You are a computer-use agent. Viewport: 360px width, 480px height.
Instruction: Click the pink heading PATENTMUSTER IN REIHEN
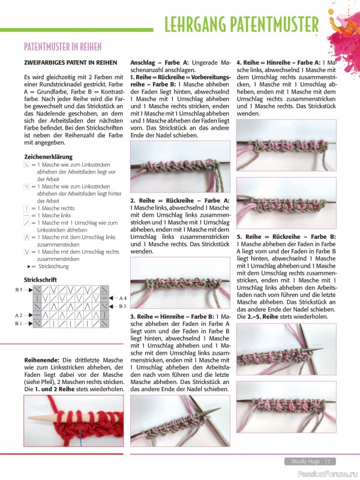tap(62, 47)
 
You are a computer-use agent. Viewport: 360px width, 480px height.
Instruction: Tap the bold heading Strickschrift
tap(41, 280)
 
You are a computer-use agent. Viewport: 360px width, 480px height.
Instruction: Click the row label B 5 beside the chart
tap(19, 290)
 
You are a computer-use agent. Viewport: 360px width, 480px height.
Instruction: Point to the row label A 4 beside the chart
tap(122, 298)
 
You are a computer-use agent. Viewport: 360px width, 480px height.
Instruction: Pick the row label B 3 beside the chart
tap(122, 306)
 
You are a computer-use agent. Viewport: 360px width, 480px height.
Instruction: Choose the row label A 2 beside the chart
tap(19, 315)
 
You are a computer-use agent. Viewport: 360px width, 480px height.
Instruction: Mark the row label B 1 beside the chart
tap(19, 323)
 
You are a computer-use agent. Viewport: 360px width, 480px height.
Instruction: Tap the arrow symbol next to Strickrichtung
tap(29, 266)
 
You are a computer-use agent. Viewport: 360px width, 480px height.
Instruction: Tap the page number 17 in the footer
tap(328, 461)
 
